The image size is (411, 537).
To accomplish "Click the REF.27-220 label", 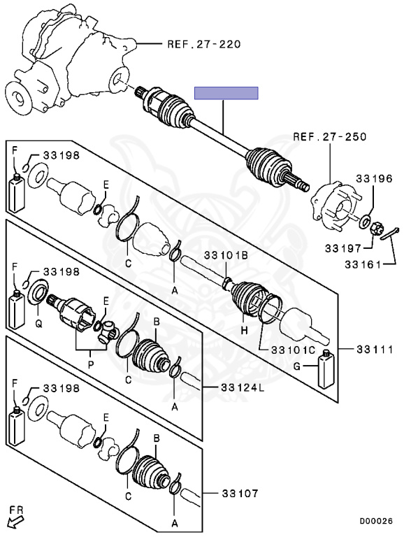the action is point(204,44).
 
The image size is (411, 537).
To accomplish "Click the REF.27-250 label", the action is point(330,137).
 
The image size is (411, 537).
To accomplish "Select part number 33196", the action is point(374,178).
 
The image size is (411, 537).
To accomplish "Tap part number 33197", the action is point(343,248).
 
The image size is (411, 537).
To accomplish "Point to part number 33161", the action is point(363,264).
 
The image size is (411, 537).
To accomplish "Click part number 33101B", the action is point(226,255).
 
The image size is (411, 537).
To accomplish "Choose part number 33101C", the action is point(293,350).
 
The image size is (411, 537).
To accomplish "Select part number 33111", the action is point(375,350).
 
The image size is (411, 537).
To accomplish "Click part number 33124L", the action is point(243,387).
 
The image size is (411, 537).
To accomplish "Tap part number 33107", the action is point(240,494).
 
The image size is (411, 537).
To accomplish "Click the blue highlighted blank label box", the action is point(226,93).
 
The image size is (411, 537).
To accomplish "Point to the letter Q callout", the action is point(38,324).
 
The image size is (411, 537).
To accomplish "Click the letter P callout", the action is point(91,364).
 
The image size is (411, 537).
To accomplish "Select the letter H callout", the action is point(244,331).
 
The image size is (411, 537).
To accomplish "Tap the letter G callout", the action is point(297,366).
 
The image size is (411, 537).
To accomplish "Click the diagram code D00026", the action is point(376,521).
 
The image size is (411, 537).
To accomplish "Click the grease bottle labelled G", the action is point(326,370).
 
